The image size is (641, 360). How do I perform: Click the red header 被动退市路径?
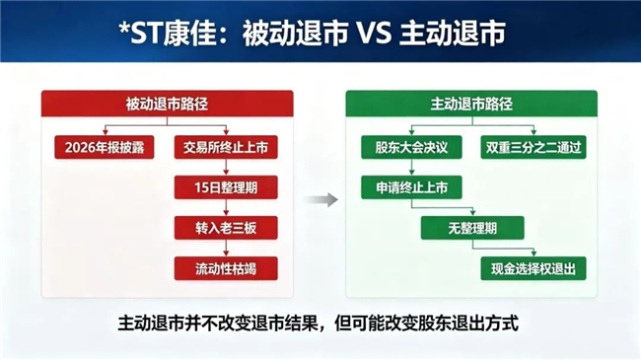click(168, 104)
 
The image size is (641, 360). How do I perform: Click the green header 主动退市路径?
click(471, 104)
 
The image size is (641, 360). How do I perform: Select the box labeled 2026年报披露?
click(105, 147)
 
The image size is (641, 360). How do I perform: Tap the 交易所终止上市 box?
click(226, 147)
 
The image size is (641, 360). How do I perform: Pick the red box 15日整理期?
click(226, 187)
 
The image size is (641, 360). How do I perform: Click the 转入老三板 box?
click(226, 228)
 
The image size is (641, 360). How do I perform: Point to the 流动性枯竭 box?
click(226, 268)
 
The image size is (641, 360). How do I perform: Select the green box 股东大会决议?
click(411, 147)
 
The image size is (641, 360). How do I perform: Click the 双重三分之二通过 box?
click(534, 147)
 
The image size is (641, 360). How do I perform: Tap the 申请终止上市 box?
click(411, 187)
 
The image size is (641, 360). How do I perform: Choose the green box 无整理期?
click(472, 228)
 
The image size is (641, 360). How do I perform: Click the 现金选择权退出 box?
click(534, 268)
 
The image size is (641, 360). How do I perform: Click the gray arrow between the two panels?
click(320, 199)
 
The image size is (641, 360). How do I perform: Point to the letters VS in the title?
click(375, 33)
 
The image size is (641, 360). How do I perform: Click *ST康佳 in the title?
click(168, 33)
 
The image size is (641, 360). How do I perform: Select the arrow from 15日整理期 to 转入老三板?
click(226, 208)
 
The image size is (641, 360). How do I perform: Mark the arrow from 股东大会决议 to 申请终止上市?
click(411, 168)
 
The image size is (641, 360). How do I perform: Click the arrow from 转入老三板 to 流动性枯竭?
click(226, 249)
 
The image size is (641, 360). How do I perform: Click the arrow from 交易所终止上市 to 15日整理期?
click(226, 168)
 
